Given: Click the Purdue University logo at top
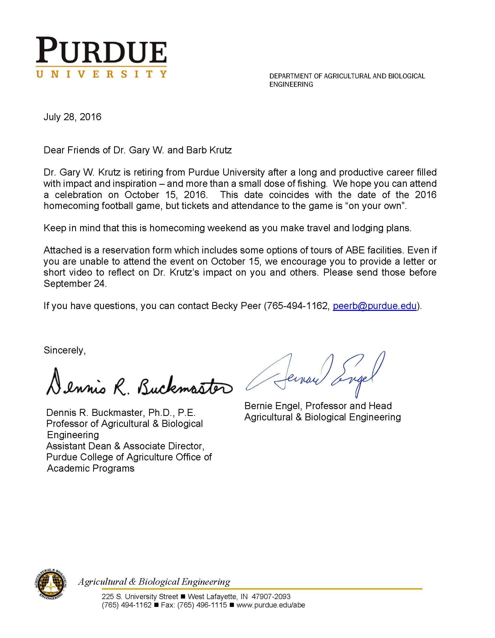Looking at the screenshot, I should (101, 57).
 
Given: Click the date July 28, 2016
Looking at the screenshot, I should (72, 117).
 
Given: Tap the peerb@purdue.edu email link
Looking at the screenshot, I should (374, 306).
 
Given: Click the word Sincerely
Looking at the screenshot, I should (64, 350).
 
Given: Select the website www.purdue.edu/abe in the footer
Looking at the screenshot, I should (270, 605).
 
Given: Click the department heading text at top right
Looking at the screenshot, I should (347, 80).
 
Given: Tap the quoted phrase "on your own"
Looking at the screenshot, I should (376, 206).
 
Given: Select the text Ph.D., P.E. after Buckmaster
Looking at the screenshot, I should (172, 413).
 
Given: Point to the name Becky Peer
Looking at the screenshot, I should (236, 306).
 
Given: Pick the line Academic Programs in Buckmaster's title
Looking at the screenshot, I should (91, 468).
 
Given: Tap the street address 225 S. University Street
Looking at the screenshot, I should (140, 596).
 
